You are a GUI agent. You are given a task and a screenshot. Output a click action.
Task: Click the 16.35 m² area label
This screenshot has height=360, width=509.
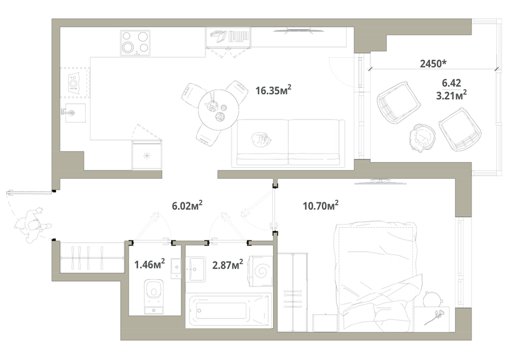(273, 90)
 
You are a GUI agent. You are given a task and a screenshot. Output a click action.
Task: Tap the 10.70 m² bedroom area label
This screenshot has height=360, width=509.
(319, 205)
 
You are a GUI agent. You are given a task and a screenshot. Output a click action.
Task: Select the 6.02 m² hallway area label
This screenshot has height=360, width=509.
(187, 205)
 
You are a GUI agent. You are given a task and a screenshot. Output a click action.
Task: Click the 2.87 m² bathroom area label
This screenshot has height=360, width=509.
(227, 263)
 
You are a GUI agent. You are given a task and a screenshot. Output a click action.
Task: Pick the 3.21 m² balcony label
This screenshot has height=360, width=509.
(454, 95)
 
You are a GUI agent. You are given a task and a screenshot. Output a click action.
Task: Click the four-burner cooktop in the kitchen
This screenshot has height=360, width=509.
(135, 42)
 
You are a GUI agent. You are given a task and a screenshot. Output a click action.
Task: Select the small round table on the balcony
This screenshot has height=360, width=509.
(421, 135)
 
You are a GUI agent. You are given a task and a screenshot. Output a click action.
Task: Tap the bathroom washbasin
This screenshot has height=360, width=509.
(197, 269)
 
